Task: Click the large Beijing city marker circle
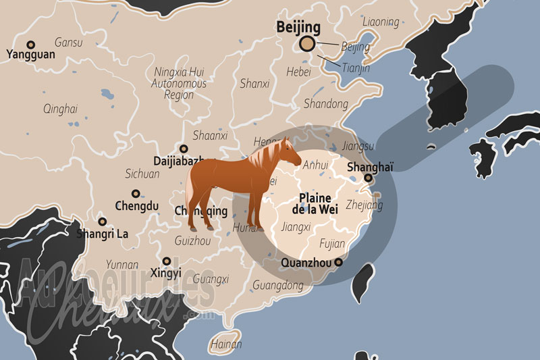(x=307, y=45)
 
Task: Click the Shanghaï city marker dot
(x=368, y=179)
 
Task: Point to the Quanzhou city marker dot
(x=339, y=263)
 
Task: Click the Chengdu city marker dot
(x=136, y=193)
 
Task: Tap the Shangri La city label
(x=103, y=234)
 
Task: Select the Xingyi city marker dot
(x=167, y=261)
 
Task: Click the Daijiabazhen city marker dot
(x=184, y=149)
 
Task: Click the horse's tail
(x=192, y=196)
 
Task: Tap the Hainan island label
(x=226, y=344)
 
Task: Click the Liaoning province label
(x=380, y=22)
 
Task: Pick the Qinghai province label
(x=60, y=109)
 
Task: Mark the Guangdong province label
(x=277, y=286)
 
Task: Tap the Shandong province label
(x=326, y=104)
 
